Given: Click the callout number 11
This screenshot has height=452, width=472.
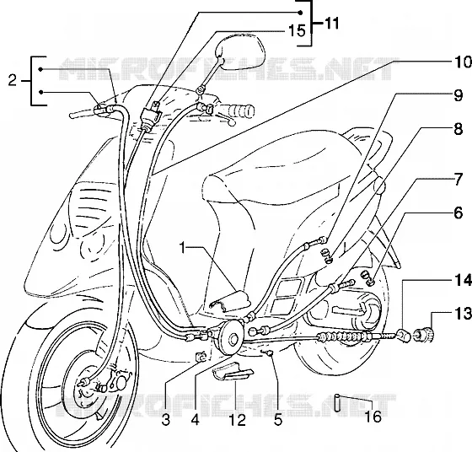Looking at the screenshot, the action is coord(331,24).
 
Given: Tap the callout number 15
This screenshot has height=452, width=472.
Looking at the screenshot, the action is coord(297,30).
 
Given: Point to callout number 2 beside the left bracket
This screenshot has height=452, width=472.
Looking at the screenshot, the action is coord(13,80).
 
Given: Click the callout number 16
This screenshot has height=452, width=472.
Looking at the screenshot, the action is coord(373,417).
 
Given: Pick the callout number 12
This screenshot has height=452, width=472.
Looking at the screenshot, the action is coord(238,420).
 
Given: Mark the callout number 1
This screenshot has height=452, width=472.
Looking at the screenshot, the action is coord(183,248).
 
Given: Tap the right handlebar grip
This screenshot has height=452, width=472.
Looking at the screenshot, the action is coord(238,111).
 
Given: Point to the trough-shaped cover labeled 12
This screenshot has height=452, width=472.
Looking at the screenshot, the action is coord(233,371).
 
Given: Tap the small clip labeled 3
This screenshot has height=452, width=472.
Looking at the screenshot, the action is coord(201,356).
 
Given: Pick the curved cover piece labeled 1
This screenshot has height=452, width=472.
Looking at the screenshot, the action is coord(229,301).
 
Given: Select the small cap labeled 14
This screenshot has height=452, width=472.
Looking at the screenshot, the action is coord(404,336).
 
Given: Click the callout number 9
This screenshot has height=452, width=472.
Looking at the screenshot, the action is coord(459,96).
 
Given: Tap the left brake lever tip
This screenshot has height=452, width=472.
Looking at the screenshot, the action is coord(72,116).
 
